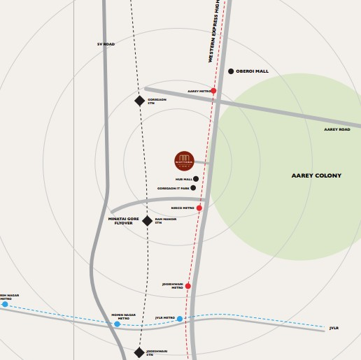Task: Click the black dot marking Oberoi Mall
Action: click(x=231, y=71)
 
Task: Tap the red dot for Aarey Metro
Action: click(x=213, y=91)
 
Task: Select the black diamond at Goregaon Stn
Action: click(x=139, y=101)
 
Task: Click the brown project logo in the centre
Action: click(x=184, y=161)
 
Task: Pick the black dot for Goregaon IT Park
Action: click(x=193, y=188)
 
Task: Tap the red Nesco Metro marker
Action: click(x=199, y=208)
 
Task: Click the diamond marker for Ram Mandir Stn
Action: click(x=147, y=221)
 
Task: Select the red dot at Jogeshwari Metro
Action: click(x=187, y=286)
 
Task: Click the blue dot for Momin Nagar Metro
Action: click(x=117, y=324)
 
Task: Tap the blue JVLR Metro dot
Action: click(x=180, y=319)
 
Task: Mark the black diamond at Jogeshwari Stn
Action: click(x=139, y=353)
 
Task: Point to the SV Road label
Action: click(x=106, y=44)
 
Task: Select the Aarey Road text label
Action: click(x=337, y=129)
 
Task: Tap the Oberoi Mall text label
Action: click(x=253, y=71)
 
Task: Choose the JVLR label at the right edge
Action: click(x=334, y=328)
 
